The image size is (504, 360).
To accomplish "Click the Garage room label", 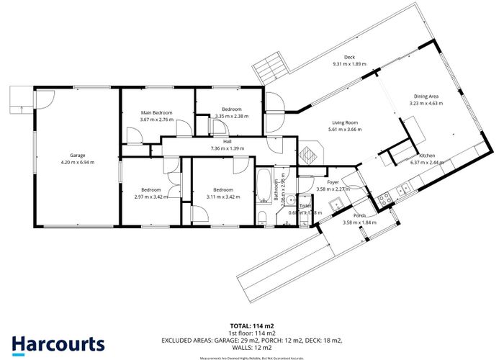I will pyautogui.click(x=77, y=155).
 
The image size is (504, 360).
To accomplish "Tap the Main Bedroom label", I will pyautogui.click(x=156, y=113).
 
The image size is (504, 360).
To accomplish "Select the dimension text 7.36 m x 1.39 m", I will pyautogui.click(x=227, y=148).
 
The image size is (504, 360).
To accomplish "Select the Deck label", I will pyautogui.click(x=350, y=57).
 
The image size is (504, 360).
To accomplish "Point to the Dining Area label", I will pyautogui.click(x=425, y=96).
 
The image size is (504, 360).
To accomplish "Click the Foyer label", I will pyautogui.click(x=333, y=182).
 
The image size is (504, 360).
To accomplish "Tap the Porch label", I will pyautogui.click(x=359, y=216).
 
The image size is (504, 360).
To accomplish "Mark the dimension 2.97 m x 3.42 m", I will pyautogui.click(x=150, y=196).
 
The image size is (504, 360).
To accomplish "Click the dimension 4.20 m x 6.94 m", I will pyautogui.click(x=77, y=162).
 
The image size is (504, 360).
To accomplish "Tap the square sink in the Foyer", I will pyautogui.click(x=335, y=207).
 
